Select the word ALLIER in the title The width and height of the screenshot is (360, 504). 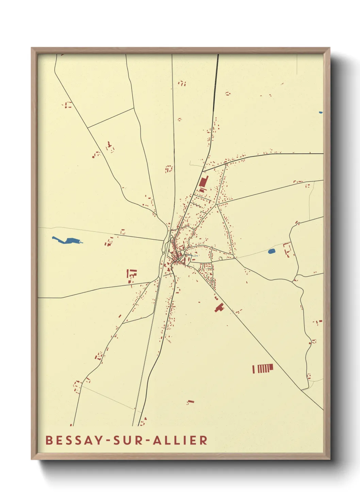[180, 440]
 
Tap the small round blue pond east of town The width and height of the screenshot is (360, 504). [272, 252]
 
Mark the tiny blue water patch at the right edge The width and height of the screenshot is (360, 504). [321, 112]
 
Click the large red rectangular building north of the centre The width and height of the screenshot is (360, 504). [203, 183]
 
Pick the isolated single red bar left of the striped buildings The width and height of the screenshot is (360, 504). [253, 369]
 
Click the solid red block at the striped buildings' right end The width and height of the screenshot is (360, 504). [271, 367]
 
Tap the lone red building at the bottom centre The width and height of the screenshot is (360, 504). [190, 402]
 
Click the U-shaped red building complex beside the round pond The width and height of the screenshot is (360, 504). [288, 250]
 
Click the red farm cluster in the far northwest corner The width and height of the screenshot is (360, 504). [68, 105]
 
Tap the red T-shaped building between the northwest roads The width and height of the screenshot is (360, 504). [110, 145]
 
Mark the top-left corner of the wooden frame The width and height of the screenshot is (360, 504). [32, 48]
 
